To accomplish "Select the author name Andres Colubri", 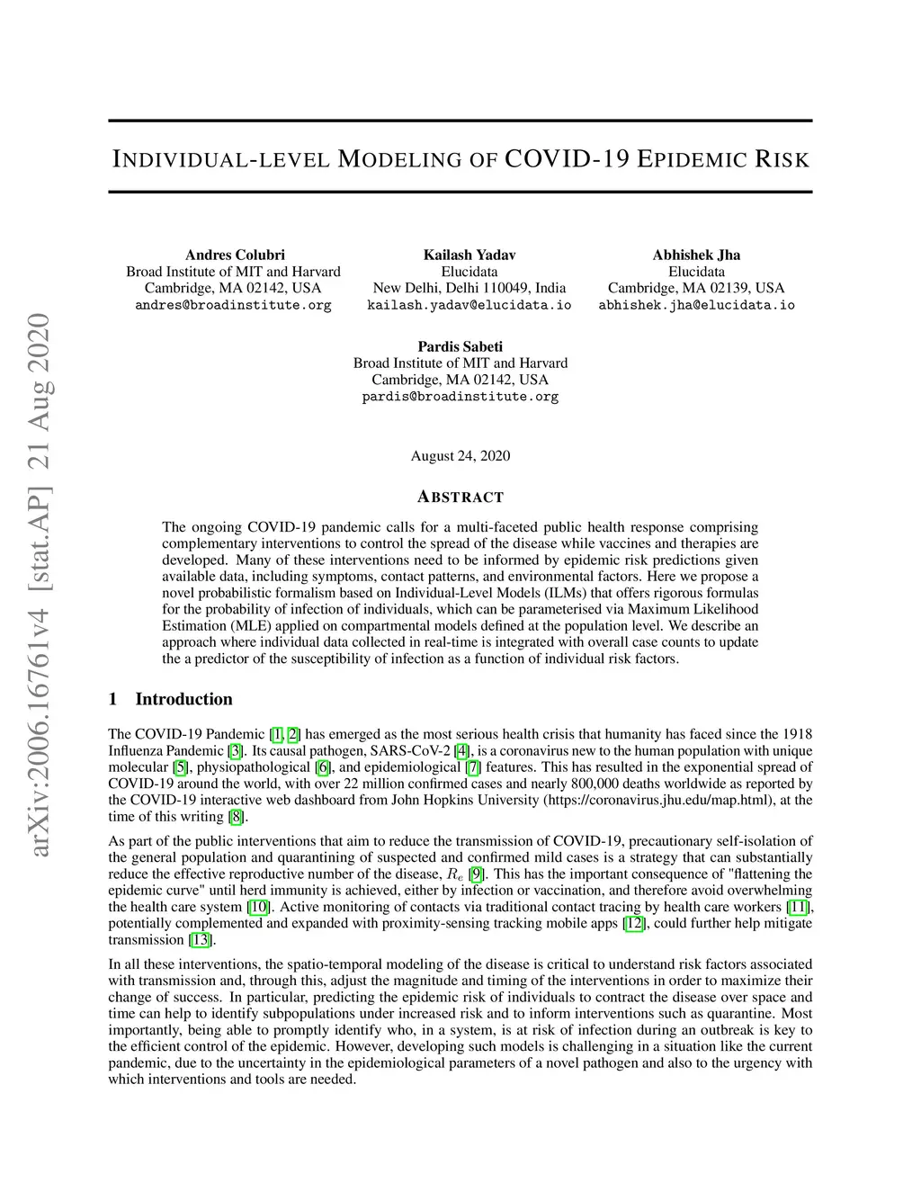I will [235, 255].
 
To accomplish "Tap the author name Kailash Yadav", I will [469, 255].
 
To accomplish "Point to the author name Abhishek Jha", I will [696, 255].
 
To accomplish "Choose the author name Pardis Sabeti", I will [460, 346].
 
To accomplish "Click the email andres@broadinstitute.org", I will [233, 305].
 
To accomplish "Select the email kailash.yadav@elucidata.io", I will [469, 305].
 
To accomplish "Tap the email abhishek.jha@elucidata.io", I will [696, 305].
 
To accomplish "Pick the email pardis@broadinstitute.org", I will [460, 397].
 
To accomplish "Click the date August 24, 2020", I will [460, 455].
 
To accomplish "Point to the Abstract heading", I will [460, 497].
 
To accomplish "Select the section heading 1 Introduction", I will [170, 699].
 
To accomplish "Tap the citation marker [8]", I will [237, 816].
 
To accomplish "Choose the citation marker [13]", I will [201, 939].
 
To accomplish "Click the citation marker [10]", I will [257, 907].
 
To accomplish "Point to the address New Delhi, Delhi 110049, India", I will [469, 288].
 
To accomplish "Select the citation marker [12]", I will [634, 923].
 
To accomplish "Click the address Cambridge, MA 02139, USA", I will [696, 288].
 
